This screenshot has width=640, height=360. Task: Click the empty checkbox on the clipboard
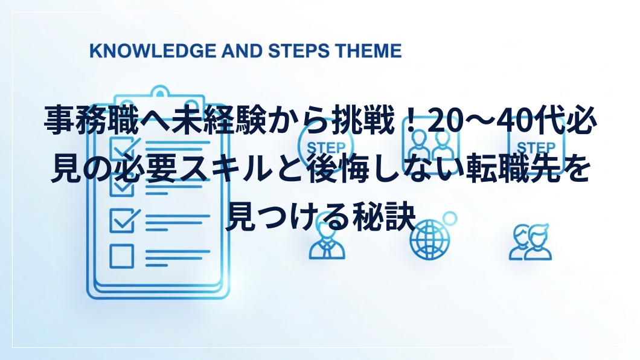121,256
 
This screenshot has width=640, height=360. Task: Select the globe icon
429,240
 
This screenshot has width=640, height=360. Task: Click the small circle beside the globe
450,219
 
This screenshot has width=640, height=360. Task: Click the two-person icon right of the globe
530,242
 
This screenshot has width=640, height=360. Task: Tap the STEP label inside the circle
325,147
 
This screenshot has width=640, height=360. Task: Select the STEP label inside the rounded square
536,147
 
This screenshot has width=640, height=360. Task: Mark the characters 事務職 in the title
90,121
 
